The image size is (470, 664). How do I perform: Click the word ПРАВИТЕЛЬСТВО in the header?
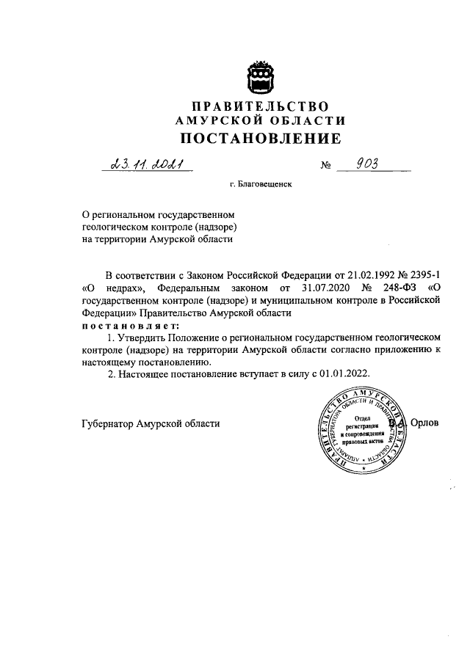pos(260,107)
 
